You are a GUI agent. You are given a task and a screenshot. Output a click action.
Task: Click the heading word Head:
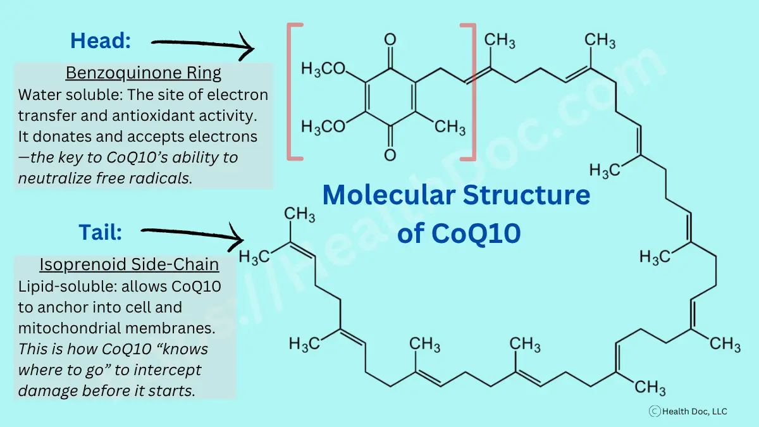[x=101, y=41]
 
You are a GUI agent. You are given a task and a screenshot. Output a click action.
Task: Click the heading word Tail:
[x=101, y=232]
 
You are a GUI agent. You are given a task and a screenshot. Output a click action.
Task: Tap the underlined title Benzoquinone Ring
[x=144, y=73]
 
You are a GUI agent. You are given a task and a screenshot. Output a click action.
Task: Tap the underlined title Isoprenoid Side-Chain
[x=129, y=264]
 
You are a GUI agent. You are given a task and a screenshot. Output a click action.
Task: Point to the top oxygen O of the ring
[x=390, y=40]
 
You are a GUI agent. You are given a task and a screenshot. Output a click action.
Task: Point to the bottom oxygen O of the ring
[x=390, y=154]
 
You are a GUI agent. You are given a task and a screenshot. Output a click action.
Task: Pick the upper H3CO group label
[x=323, y=68]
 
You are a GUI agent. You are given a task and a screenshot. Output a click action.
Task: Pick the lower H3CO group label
[x=323, y=127]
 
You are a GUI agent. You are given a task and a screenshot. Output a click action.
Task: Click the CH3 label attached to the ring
[x=450, y=127]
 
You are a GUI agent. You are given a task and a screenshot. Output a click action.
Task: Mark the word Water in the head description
[x=39, y=95]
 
